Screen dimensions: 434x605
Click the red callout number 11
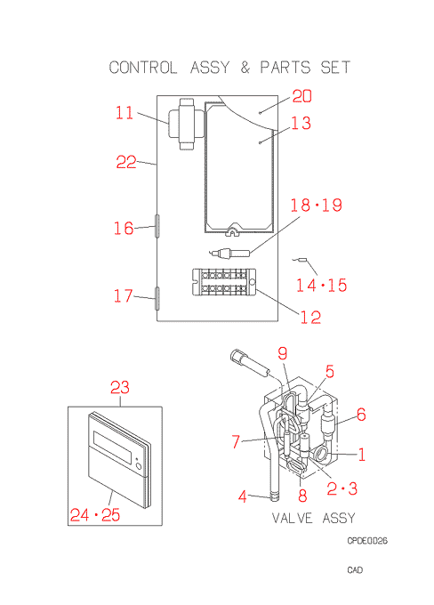tap(125, 113)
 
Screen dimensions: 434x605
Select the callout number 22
tap(126, 162)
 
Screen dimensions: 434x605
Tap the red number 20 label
tap(301, 96)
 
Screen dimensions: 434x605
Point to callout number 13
tap(301, 123)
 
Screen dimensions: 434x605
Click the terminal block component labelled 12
tap(224, 282)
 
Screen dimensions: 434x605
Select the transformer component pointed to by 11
tap(187, 124)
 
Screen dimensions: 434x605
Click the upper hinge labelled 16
tap(157, 226)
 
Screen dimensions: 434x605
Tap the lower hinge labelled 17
tap(157, 298)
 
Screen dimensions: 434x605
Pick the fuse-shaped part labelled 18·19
tap(230, 253)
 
